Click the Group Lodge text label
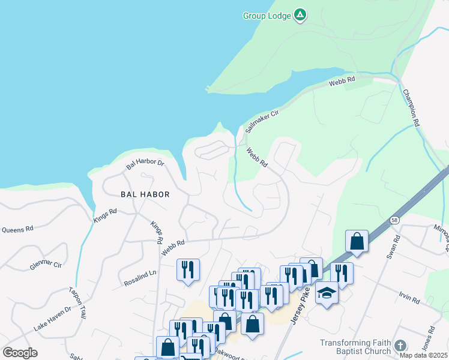point(267,16)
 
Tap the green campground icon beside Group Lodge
point(301,16)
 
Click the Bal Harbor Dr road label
point(145,163)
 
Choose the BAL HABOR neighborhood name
point(145,194)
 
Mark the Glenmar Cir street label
point(46,265)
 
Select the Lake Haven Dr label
point(52,318)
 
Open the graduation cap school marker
point(327,293)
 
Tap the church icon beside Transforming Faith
point(400,346)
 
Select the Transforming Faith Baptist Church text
point(355,347)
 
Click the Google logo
point(20,353)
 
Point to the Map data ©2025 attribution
point(423,355)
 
